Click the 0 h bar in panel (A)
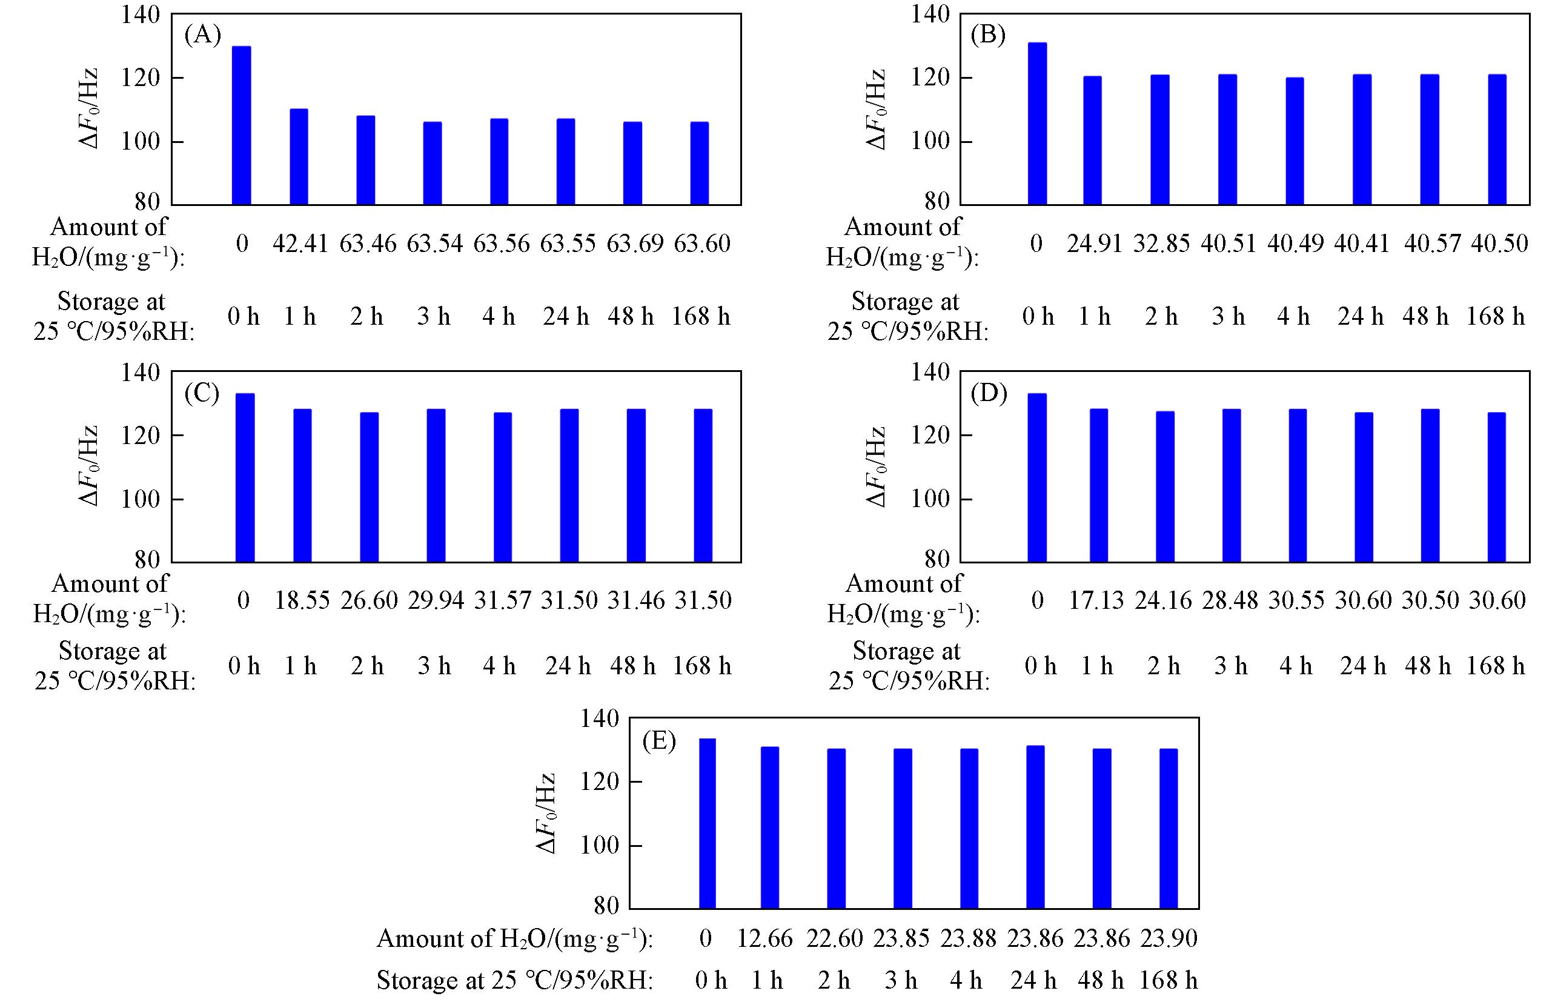pyautogui.click(x=241, y=125)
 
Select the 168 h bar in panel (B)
pyautogui.click(x=1496, y=140)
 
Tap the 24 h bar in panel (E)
pyautogui.click(x=1035, y=827)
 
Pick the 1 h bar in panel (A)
pyautogui.click(x=299, y=157)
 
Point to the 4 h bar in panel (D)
pyautogui.click(x=1298, y=485)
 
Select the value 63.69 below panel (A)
pyautogui.click(x=634, y=244)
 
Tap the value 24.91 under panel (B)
pyautogui.click(x=1095, y=244)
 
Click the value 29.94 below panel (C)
pyautogui.click(x=436, y=600)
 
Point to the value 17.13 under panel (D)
pyautogui.click(x=1096, y=600)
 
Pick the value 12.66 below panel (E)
pyautogui.click(x=764, y=938)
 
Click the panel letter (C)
pyautogui.click(x=202, y=393)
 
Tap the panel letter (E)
pyautogui.click(x=658, y=740)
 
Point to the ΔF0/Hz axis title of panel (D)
pyautogui.click(x=876, y=466)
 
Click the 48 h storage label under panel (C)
pyautogui.click(x=632, y=666)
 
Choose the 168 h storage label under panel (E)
pyautogui.click(x=1168, y=980)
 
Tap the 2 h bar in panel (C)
pyautogui.click(x=369, y=487)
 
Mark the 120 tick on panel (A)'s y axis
pyautogui.click(x=141, y=78)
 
